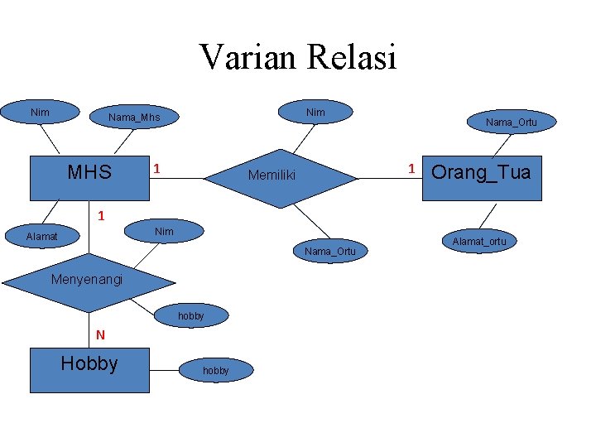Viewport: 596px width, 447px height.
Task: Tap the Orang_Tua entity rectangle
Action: click(x=481, y=177)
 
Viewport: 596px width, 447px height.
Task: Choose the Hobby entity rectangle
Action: click(x=89, y=369)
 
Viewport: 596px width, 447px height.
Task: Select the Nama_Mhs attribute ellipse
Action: click(x=134, y=118)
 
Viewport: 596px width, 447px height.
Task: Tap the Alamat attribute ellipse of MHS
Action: click(x=41, y=237)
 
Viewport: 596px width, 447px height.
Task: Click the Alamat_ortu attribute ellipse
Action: click(x=478, y=242)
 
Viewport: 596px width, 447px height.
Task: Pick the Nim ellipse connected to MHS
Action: click(x=39, y=112)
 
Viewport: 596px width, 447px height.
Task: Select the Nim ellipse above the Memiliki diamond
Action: click(x=315, y=112)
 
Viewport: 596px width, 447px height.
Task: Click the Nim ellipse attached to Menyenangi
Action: click(x=164, y=231)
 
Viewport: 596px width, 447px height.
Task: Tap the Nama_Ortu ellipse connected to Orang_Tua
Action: click(x=511, y=123)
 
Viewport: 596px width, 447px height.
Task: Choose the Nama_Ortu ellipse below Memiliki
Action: click(x=329, y=251)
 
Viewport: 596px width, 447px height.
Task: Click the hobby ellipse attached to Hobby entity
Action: click(x=215, y=371)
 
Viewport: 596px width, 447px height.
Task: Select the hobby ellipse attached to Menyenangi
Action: click(x=190, y=316)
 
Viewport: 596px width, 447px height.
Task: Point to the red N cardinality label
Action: click(x=100, y=335)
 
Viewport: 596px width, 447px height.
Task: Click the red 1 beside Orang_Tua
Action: click(x=411, y=169)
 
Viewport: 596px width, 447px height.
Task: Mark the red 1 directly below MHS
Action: click(x=100, y=216)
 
